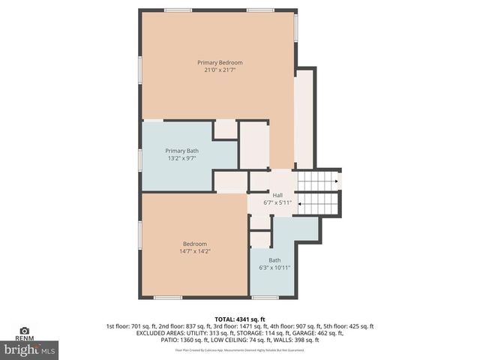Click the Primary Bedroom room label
click(220, 62)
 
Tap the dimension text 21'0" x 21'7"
click(220, 70)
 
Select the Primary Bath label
click(182, 151)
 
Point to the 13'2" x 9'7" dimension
click(182, 159)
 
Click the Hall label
click(277, 194)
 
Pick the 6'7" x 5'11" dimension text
click(277, 202)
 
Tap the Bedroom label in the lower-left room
click(194, 243)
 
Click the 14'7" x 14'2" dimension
click(194, 251)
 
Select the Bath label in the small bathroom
click(274, 260)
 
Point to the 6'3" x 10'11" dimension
click(274, 268)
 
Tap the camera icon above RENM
click(24, 330)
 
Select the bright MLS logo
click(30, 349)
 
